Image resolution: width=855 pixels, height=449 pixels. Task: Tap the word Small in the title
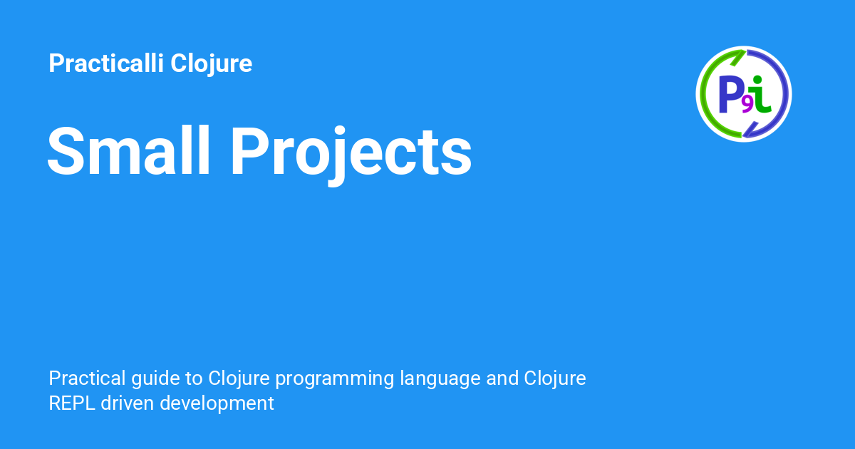tap(129, 152)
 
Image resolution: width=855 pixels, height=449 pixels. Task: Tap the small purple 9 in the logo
tap(747, 105)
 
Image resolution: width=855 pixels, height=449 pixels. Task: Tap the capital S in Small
tap(65, 152)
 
